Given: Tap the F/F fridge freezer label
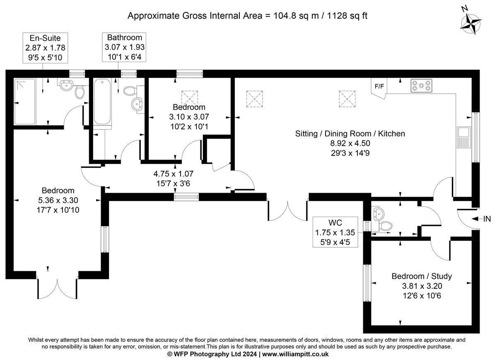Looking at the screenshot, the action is (379, 86).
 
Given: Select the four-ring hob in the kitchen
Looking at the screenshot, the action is (421, 85).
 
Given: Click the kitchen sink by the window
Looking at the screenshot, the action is (463, 137).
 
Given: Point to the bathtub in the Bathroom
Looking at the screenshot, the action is (102, 101).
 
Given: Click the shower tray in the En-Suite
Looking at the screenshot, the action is (25, 101).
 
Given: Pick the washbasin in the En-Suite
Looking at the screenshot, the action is (66, 85).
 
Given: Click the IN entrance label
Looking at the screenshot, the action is (487, 219).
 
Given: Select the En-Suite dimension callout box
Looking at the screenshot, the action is (45, 48).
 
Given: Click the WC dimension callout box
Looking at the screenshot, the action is (335, 232).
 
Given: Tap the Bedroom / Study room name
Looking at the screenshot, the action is (422, 276).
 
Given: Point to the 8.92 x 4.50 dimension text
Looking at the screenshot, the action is (350, 143).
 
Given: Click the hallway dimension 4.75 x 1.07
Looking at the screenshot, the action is (173, 174).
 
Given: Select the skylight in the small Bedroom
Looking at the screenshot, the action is (190, 99).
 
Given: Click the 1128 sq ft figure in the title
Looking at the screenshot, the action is (347, 16).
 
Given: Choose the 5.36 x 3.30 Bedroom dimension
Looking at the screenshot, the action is (58, 200).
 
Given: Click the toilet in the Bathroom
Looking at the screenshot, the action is (130, 91).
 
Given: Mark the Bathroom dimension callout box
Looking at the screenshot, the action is (124, 47).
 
